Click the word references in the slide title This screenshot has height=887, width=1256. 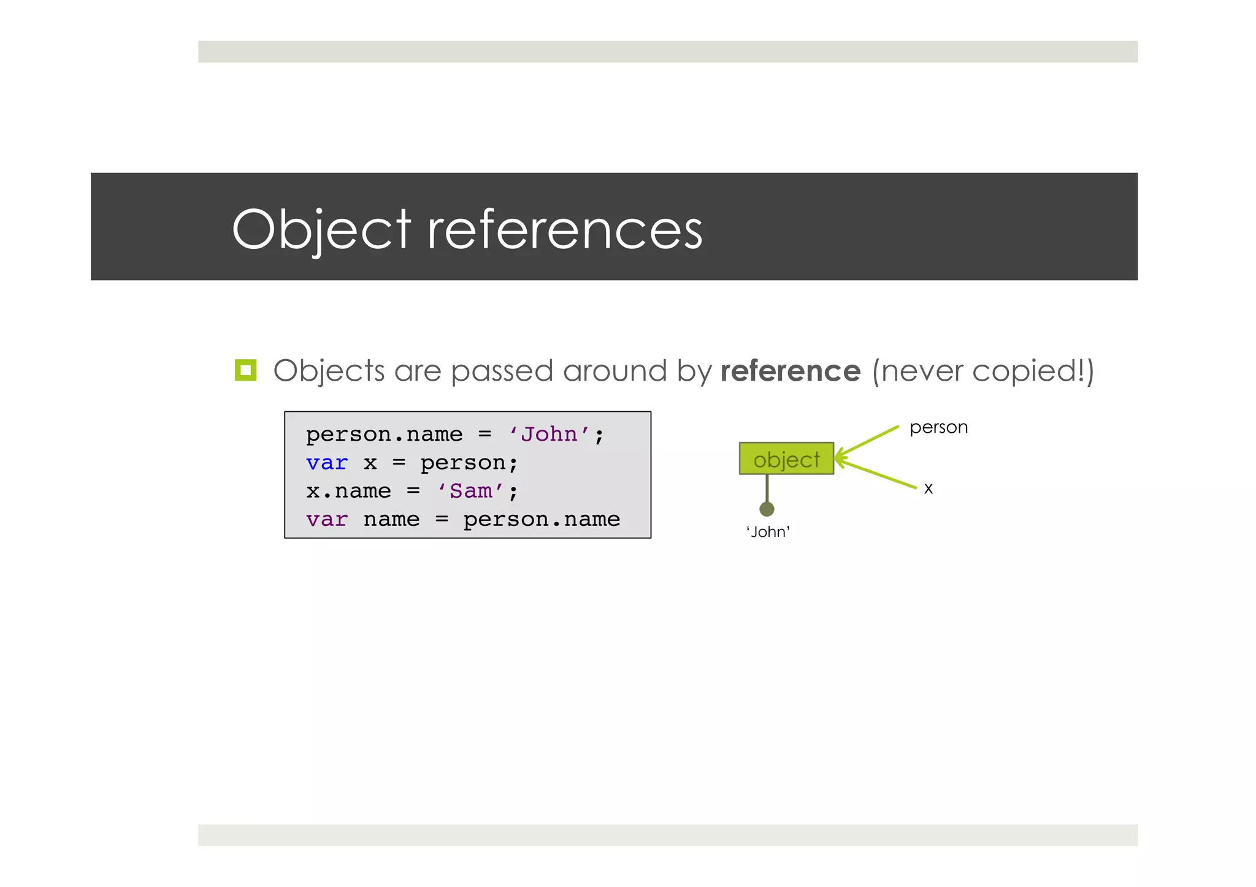(564, 230)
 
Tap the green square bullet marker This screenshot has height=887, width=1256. (245, 370)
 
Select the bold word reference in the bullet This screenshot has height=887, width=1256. (790, 371)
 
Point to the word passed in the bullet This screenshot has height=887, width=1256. (502, 371)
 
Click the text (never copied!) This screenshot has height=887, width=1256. (982, 371)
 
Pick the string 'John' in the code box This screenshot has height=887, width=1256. (549, 435)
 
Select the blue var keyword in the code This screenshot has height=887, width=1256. (327, 463)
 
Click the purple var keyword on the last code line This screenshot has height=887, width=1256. (327, 520)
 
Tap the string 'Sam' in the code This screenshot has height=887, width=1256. (471, 491)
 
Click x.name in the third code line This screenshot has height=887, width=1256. (348, 491)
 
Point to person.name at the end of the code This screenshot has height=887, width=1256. (542, 520)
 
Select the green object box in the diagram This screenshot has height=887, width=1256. (786, 459)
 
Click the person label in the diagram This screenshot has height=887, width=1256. (938, 427)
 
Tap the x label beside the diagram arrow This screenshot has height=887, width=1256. (929, 489)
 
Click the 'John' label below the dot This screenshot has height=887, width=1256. (768, 531)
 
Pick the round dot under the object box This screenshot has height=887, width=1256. (767, 509)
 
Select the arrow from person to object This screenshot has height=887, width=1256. (868, 441)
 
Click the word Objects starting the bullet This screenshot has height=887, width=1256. (329, 371)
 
